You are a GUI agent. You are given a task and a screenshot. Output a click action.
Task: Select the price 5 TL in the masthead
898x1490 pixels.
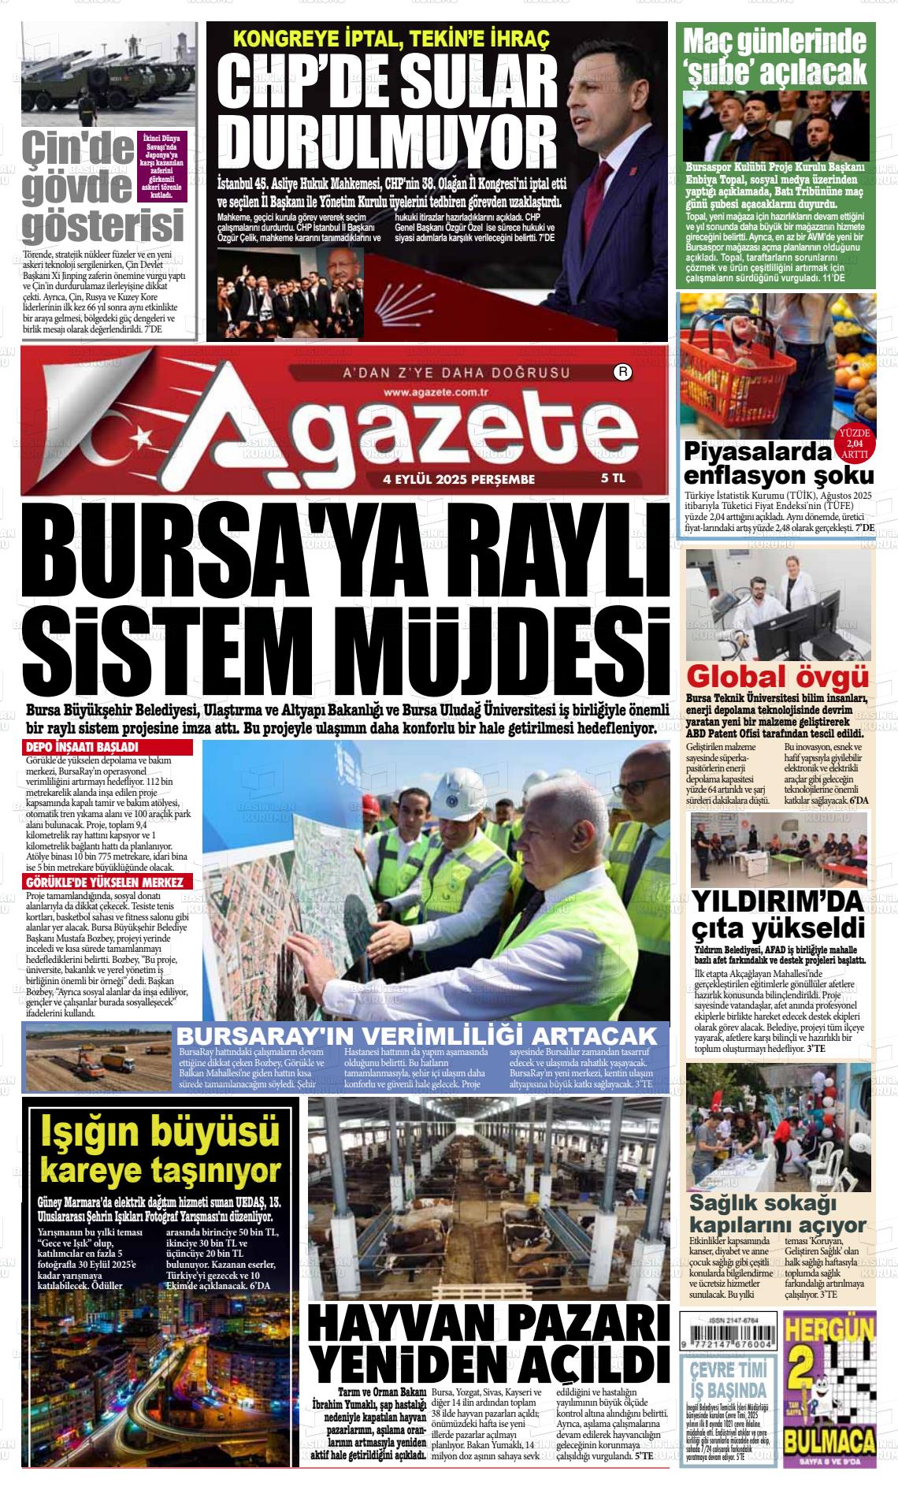614,478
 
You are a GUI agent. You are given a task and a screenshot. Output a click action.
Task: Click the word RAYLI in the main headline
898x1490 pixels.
540,551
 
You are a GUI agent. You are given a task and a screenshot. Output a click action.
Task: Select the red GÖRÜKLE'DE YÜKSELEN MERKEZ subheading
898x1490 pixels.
104,882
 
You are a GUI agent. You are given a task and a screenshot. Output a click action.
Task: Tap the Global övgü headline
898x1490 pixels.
778,676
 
